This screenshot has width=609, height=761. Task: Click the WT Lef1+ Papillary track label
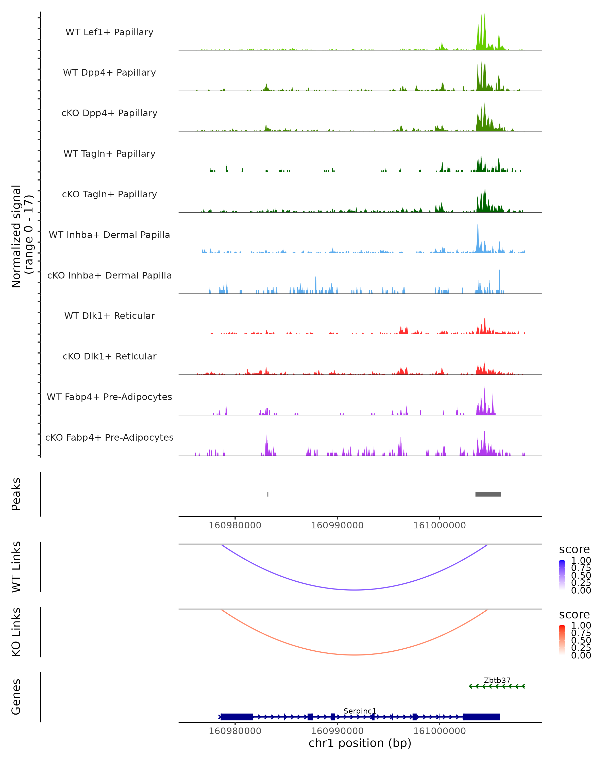pos(109,32)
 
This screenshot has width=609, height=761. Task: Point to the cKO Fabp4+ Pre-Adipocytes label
pos(109,437)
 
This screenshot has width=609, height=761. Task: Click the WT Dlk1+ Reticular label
pos(109,316)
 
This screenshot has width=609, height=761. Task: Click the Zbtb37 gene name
pos(497,680)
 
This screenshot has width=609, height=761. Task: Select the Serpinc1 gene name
pos(360,711)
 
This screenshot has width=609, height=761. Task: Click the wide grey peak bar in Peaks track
pos(488,494)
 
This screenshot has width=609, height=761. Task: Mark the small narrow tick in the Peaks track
pos(268,494)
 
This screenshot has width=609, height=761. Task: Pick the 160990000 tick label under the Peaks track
pos(337,525)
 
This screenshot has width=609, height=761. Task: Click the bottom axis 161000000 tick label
pos(439,731)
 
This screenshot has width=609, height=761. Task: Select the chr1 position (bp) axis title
pos(360,743)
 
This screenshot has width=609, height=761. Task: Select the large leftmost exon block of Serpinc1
pos(236,717)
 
